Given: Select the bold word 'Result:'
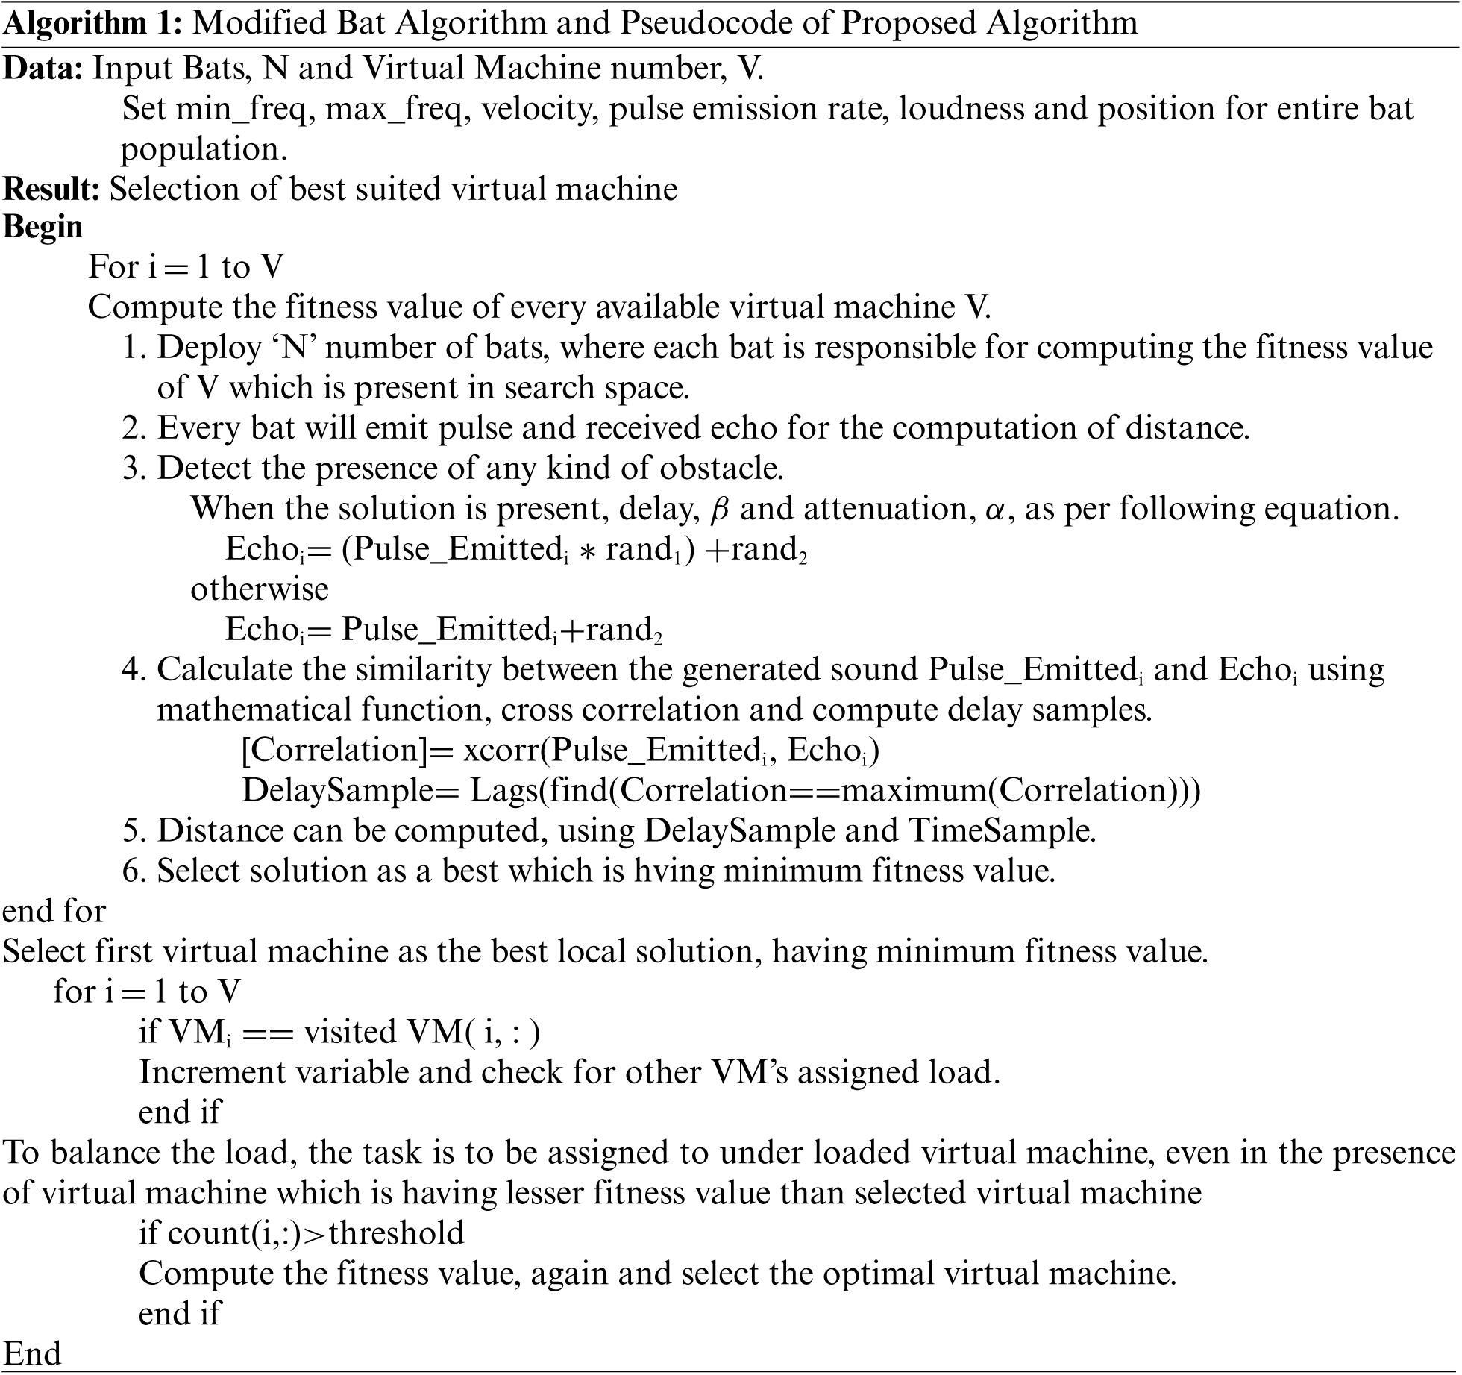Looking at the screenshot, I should (x=51, y=189).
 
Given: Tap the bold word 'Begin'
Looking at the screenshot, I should (x=43, y=227).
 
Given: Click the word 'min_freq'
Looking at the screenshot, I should (x=241, y=110).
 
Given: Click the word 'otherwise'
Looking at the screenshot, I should (x=260, y=589).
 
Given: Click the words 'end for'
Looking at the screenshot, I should (x=54, y=911).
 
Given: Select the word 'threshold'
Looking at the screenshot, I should (x=396, y=1233).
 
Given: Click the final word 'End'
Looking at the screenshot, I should (x=31, y=1353).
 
